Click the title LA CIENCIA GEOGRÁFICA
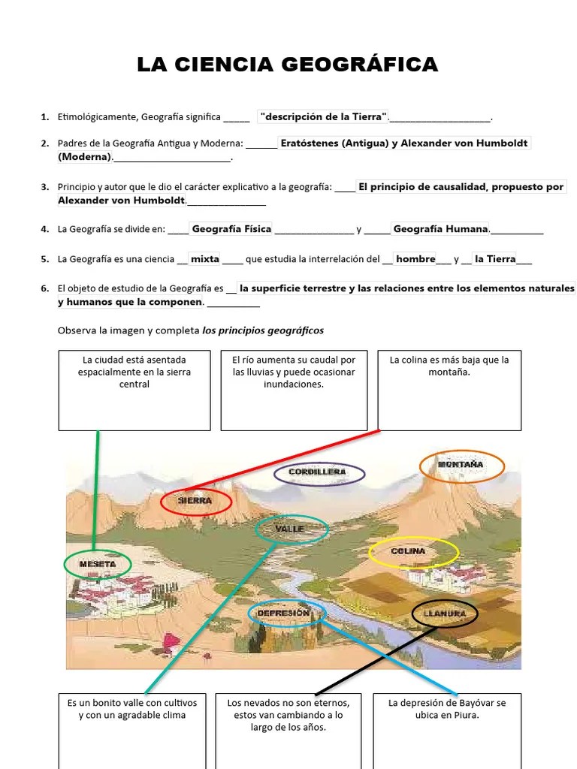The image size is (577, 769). click(x=287, y=65)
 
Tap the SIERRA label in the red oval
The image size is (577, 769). click(x=195, y=501)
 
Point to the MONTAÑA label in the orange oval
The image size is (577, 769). click(x=461, y=466)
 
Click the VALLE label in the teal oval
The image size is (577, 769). click(x=290, y=529)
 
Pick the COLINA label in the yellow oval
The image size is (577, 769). click(x=409, y=551)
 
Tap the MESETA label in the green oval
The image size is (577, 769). click(x=97, y=564)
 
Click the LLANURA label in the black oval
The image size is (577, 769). click(x=444, y=614)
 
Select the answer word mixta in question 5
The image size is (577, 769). click(x=204, y=259)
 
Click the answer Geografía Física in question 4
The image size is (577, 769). click(x=231, y=229)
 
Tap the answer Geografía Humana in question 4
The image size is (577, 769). click(x=440, y=229)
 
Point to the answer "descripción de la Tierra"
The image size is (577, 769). click(x=324, y=116)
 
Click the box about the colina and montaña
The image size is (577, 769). click(x=449, y=389)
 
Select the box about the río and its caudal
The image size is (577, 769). click(x=294, y=389)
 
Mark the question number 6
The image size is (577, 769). click(x=45, y=288)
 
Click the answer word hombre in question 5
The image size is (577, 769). click(x=415, y=259)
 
